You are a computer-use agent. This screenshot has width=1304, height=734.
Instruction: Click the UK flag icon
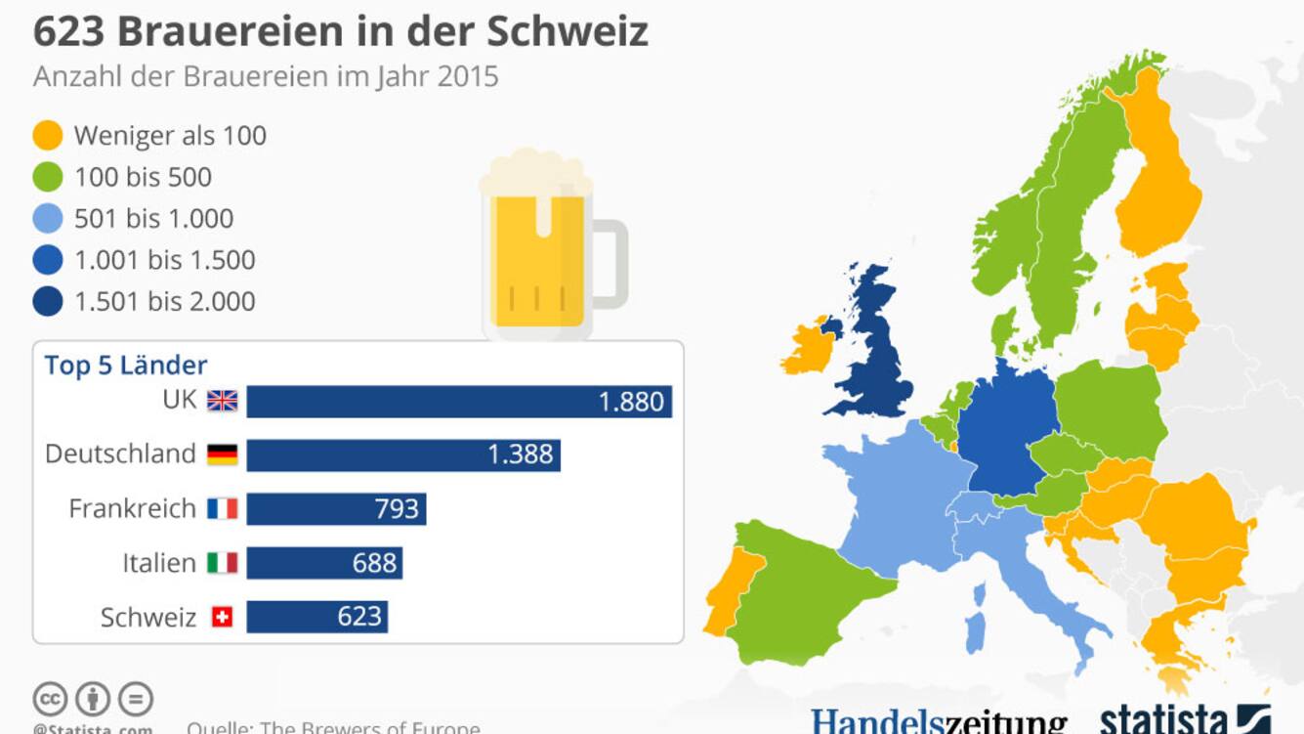click(223, 401)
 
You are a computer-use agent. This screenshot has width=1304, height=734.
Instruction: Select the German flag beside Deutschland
click(223, 454)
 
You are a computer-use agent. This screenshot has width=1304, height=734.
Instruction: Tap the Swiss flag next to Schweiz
click(223, 617)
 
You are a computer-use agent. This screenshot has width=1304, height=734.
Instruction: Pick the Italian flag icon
click(223, 563)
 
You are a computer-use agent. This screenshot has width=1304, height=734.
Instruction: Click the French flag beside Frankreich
click(223, 509)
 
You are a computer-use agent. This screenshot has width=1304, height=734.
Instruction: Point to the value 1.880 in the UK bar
click(631, 402)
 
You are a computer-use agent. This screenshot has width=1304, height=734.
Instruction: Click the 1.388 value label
click(521, 454)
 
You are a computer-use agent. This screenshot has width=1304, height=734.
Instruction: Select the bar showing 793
click(336, 509)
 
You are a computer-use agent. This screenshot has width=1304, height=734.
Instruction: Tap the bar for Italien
click(324, 563)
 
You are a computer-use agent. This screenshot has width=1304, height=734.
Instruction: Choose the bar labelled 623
click(316, 617)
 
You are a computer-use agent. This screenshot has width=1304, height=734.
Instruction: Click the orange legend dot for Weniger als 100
click(47, 136)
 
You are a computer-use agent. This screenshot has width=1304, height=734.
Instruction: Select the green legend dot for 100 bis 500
click(47, 177)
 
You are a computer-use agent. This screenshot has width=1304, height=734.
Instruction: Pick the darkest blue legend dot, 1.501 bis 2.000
click(47, 301)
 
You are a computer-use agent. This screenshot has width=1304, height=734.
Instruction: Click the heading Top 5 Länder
click(126, 366)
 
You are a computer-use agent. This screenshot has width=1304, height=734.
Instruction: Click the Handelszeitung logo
click(939, 721)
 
